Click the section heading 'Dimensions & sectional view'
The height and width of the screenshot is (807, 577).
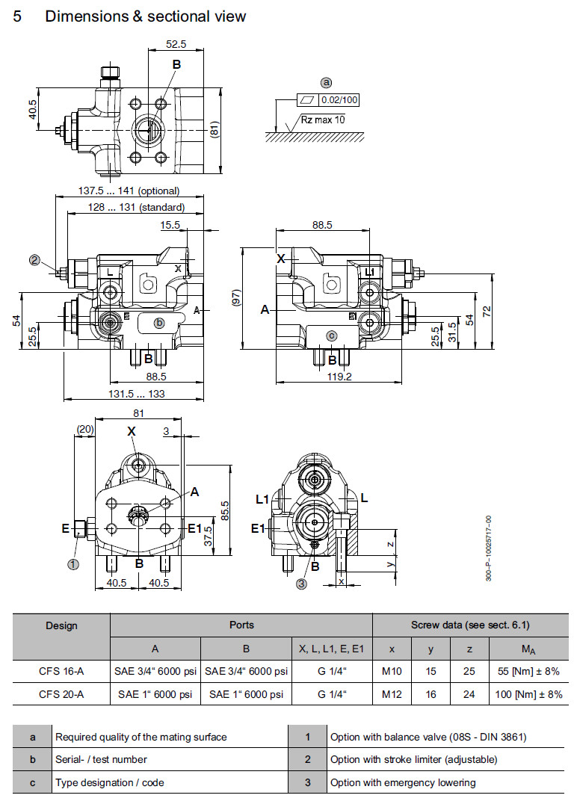[145, 16]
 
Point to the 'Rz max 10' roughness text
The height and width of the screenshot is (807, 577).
[323, 120]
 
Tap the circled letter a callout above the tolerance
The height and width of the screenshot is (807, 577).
[326, 82]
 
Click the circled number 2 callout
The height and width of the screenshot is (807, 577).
[34, 260]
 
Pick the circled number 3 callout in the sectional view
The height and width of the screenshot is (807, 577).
[301, 584]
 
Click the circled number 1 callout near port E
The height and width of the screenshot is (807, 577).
[73, 564]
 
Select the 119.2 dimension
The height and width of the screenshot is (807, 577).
[339, 377]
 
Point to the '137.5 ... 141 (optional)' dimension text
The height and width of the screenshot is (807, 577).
[129, 191]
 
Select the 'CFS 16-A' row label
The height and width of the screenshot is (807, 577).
[61, 672]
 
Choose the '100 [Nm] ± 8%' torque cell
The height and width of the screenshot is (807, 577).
[528, 694]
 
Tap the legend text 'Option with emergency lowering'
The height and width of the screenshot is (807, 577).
[403, 782]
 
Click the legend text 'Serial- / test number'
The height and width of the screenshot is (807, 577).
[101, 759]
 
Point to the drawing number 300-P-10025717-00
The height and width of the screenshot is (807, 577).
[489, 549]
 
